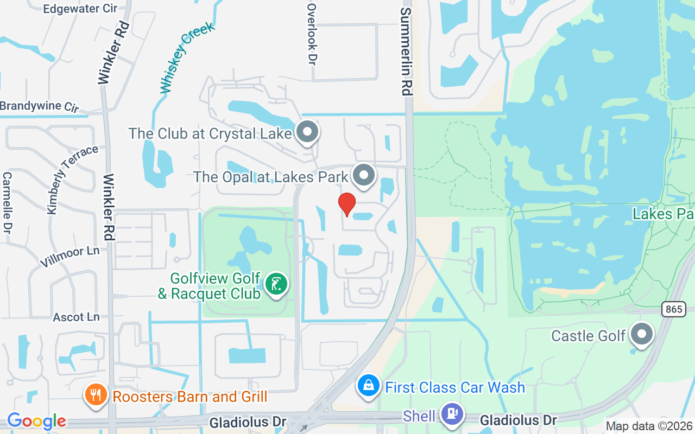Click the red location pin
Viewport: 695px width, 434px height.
(x=347, y=204)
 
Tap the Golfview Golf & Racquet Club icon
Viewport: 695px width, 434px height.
(x=276, y=284)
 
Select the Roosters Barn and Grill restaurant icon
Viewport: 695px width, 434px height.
(x=96, y=395)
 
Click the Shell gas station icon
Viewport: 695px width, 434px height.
(x=451, y=414)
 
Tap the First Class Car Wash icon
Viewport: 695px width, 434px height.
(x=369, y=386)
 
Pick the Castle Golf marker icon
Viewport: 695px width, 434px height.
(x=642, y=334)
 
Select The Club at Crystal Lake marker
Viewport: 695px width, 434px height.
(x=308, y=132)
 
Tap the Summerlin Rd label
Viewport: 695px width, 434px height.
(x=406, y=52)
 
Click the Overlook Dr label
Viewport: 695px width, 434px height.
(x=312, y=34)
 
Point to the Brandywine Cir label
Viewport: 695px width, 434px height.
(x=39, y=106)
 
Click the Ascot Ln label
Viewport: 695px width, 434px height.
(x=76, y=317)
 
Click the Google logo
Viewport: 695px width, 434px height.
(x=36, y=421)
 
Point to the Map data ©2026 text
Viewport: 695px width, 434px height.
(x=649, y=426)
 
